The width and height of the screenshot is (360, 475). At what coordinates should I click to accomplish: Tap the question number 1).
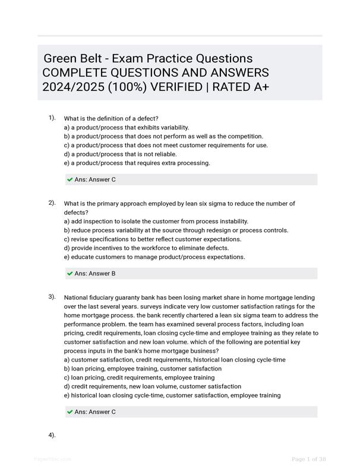(52, 118)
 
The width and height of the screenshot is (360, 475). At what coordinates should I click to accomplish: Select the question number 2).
(52, 203)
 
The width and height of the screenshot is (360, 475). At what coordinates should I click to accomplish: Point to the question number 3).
(52, 296)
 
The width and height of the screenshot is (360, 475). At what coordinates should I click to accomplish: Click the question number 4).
(52, 435)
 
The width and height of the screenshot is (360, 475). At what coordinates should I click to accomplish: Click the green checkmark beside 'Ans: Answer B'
(70, 274)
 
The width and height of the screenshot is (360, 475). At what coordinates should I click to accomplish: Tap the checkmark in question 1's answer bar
(70, 179)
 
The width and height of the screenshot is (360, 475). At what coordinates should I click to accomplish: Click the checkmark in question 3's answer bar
(70, 411)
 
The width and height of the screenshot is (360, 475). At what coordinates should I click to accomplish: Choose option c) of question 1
(166, 145)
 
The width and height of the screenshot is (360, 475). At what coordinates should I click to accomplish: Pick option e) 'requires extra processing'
(137, 163)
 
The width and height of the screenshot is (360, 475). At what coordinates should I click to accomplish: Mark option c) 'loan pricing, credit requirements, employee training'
(139, 378)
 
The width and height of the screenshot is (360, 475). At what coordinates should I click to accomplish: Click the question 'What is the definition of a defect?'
(111, 119)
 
